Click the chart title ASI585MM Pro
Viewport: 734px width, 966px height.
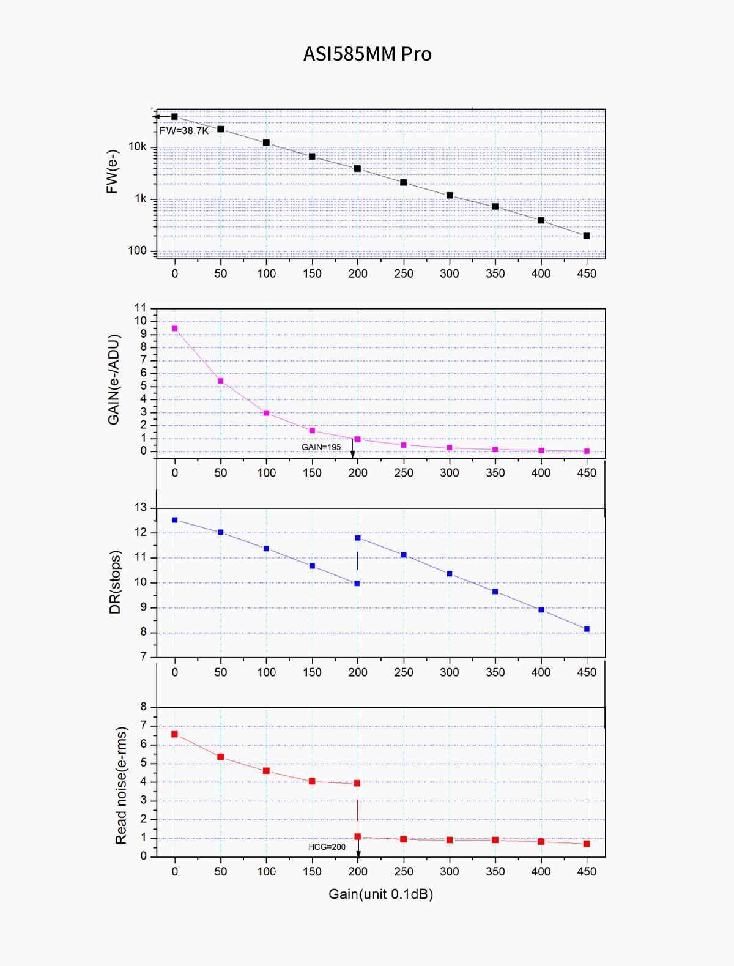[368, 54]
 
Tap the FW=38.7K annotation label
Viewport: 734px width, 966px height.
[184, 130]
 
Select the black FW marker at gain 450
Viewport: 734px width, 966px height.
[587, 236]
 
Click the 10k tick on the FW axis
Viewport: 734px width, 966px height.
[137, 147]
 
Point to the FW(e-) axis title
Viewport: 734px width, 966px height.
[112, 172]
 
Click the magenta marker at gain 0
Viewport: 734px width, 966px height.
[175, 329]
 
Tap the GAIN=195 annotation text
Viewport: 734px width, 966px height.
[321, 447]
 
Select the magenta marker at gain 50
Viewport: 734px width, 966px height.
[221, 381]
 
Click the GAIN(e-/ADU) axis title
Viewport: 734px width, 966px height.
[114, 379]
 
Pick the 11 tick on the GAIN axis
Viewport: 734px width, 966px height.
[141, 308]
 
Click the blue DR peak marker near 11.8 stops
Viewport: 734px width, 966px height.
[358, 538]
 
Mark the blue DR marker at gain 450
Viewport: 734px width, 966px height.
[587, 629]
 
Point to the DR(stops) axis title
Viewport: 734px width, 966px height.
[115, 582]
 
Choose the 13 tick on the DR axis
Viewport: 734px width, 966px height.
[141, 508]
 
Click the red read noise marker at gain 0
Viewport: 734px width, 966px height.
[175, 734]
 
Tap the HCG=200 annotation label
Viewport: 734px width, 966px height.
[327, 847]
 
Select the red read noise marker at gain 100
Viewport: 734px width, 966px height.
[266, 771]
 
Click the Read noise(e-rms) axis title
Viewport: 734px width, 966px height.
[121, 786]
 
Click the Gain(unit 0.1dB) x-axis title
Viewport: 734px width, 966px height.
[380, 894]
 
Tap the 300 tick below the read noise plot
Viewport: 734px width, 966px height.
[450, 872]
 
